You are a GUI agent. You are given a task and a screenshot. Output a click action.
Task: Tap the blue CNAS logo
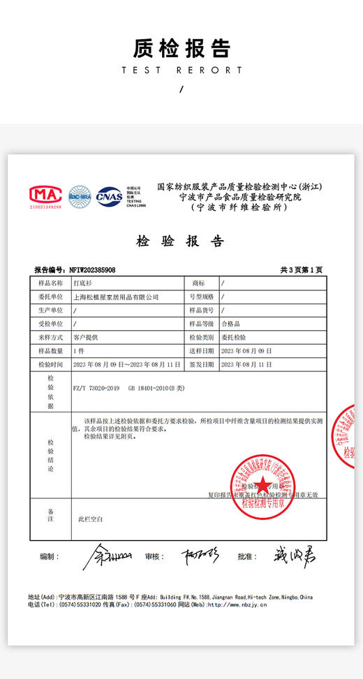(x=109, y=196)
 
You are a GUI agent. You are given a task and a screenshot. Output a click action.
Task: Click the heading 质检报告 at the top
(x=181, y=48)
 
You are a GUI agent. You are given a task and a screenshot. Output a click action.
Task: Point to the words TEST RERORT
(x=181, y=70)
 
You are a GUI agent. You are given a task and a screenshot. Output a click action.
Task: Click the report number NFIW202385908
(x=92, y=270)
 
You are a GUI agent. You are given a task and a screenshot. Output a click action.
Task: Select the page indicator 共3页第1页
(x=302, y=270)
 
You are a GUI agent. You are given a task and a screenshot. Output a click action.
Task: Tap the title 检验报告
(x=181, y=241)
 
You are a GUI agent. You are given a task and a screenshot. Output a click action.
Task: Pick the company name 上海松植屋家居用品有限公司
(x=116, y=297)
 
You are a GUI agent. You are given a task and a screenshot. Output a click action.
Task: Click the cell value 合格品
(x=230, y=324)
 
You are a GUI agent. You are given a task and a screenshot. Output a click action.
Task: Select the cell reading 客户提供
(x=86, y=337)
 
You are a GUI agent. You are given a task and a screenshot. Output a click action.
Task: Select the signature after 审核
(x=200, y=556)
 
